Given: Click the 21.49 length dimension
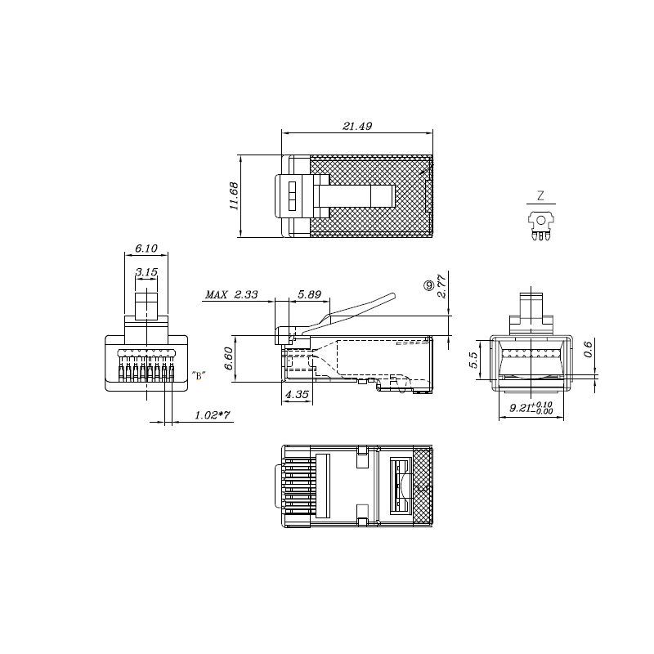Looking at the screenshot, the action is (357, 126).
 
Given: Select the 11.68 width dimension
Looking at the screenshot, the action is (234, 196).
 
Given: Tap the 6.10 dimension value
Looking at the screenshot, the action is (146, 249).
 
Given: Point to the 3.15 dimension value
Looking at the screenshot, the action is (146, 272).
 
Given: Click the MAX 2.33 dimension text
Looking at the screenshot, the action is (231, 295).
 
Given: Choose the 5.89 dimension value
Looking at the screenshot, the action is (309, 295).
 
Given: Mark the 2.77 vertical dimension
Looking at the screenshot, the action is (441, 285).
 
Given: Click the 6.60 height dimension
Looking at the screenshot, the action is (229, 359).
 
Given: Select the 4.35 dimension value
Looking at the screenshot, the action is (297, 394).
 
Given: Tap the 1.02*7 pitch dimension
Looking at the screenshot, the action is (212, 415).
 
